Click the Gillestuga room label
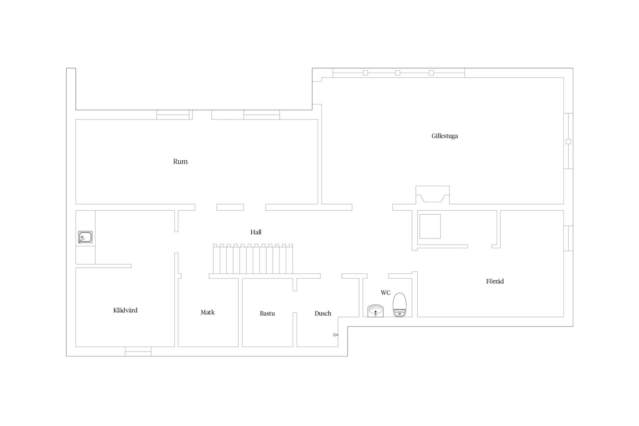445,136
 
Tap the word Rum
180,162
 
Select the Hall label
256,232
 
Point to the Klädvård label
125,311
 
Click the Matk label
207,313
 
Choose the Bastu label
267,314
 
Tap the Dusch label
323,314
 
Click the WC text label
385,293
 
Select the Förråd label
495,282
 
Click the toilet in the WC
399,304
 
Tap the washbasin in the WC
376,311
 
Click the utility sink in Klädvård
85,237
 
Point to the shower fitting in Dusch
335,335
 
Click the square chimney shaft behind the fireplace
430,226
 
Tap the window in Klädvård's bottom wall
138,351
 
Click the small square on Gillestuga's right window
568,141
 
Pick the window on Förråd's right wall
568,238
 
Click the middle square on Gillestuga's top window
398,73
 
